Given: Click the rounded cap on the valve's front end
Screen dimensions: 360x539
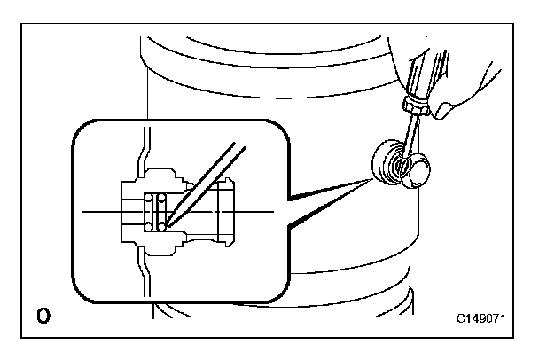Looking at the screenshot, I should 416,170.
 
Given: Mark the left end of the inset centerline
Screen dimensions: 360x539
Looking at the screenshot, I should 82,212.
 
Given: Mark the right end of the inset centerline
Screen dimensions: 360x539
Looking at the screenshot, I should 271,212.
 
